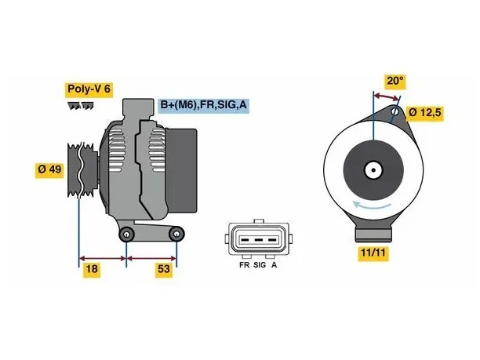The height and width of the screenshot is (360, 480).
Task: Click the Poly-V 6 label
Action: point(89,89)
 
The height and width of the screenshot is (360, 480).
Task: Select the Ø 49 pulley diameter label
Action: point(49,169)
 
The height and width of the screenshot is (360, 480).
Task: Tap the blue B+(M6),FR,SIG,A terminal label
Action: point(204,105)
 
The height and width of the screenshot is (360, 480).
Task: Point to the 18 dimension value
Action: point(92,269)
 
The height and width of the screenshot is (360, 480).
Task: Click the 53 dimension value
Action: point(163,269)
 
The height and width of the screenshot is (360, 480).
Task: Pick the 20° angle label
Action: point(395,81)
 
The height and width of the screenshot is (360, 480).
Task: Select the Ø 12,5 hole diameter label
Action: point(425,113)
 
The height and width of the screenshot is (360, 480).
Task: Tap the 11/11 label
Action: point(373,253)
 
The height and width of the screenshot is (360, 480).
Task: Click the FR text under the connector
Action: point(244,265)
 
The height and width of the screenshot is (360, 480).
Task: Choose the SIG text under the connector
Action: point(260,265)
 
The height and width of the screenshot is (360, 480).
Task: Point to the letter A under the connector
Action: point(274,265)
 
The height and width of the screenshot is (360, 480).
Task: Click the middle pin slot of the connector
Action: point(259,240)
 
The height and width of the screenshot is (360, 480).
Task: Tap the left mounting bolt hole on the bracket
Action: point(126,235)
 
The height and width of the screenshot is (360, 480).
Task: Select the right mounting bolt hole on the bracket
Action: point(176,235)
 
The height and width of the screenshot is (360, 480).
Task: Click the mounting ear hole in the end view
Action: point(395,112)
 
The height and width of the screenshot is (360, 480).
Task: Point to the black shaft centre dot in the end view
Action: point(373,170)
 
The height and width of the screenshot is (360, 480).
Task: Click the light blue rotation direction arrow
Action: point(372,205)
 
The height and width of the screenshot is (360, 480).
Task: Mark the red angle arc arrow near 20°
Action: point(387,96)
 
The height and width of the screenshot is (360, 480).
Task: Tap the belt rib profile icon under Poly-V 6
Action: point(80,106)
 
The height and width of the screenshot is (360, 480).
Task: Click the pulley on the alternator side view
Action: point(82,169)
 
